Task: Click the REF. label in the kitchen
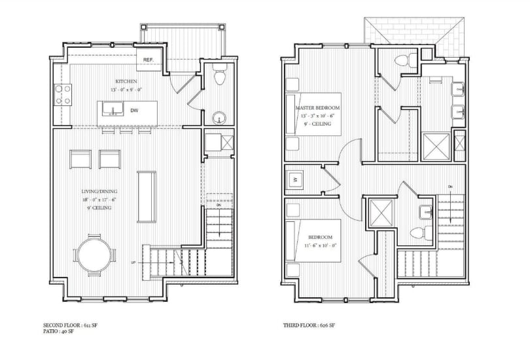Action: (x=148, y=60)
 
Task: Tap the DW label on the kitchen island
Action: (x=133, y=110)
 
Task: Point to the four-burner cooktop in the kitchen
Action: (x=62, y=95)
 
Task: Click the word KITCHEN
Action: (x=124, y=81)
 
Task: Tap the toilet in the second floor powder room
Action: (x=219, y=79)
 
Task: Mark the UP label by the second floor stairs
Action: (x=133, y=262)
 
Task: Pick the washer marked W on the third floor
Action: (x=295, y=178)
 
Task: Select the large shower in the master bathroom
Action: (x=437, y=144)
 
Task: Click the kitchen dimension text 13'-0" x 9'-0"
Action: (x=124, y=89)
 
